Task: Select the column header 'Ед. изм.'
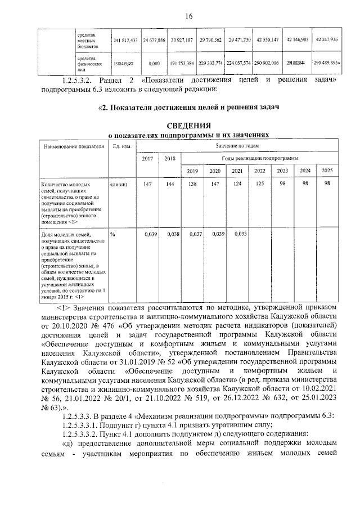pos(122,147)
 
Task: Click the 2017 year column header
pos(147,159)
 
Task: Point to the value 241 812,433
pos(125,41)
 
